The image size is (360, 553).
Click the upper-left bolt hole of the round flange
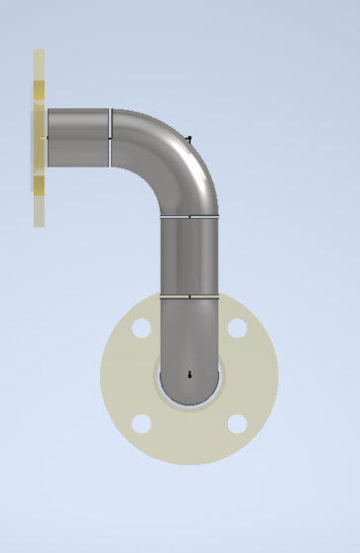tap(142, 328)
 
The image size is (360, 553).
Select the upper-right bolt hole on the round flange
tap(236, 328)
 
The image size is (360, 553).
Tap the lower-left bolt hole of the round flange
tap(142, 424)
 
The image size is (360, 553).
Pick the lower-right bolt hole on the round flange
tap(236, 424)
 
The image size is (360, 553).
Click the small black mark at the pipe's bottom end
tap(189, 375)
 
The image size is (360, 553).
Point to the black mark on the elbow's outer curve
tap(189, 138)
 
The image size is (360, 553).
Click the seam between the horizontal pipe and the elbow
tap(110, 137)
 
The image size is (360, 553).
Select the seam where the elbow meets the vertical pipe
tap(189, 215)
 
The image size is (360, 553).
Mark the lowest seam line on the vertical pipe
tap(189, 295)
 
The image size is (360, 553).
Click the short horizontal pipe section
tap(77, 137)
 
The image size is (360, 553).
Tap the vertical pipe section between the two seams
tap(189, 255)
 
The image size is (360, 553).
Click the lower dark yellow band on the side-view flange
tap(39, 184)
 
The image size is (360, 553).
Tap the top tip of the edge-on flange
tap(39, 52)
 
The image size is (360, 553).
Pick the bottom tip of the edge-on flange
tap(39, 224)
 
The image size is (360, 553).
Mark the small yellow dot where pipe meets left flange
tap(45, 137)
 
